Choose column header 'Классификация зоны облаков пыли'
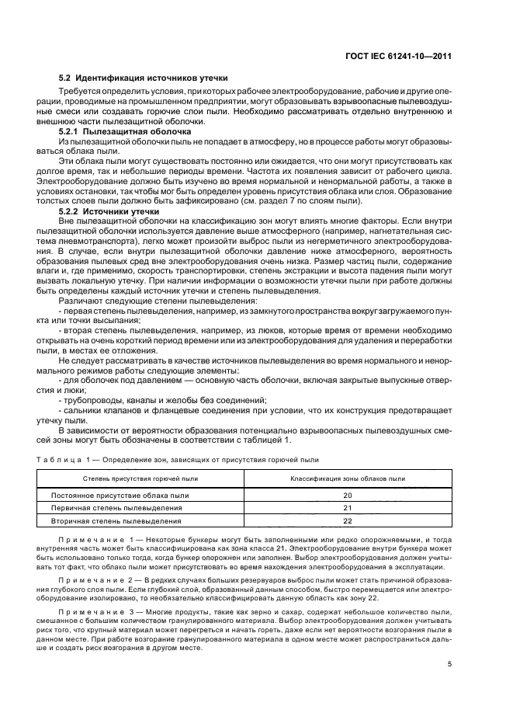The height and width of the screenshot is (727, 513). (x=347, y=479)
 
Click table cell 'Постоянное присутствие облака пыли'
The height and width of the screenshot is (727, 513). (x=120, y=495)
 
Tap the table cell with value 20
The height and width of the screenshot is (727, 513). (x=347, y=495)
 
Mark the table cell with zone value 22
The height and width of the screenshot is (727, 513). (x=347, y=521)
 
